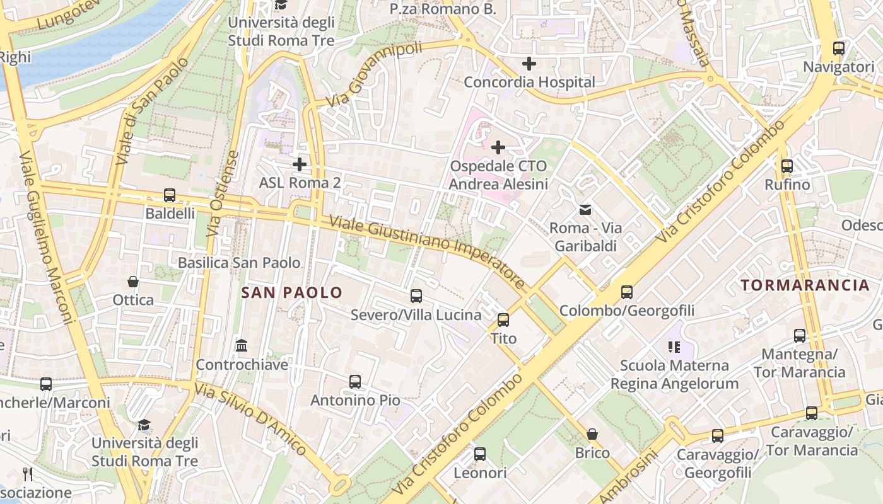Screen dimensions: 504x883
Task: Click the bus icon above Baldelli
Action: (x=169, y=195)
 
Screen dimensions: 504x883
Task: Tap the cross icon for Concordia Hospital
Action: (x=529, y=64)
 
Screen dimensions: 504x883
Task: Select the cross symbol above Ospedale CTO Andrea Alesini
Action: (x=498, y=147)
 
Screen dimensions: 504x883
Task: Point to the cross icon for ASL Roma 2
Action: (x=300, y=164)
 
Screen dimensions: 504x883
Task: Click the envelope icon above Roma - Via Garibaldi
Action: (x=586, y=209)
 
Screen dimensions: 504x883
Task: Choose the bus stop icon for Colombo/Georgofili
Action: (x=626, y=292)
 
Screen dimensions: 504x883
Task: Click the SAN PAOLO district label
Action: (x=291, y=292)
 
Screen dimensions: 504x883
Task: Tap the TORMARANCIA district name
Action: (x=805, y=285)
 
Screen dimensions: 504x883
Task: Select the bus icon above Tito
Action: (x=503, y=320)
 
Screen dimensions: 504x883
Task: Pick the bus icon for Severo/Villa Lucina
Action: (x=416, y=296)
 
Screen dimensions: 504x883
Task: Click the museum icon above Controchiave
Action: (x=242, y=346)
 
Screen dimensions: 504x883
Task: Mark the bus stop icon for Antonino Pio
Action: (x=355, y=382)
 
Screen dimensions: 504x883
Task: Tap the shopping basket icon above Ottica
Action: (x=133, y=281)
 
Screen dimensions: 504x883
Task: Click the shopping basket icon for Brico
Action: (x=592, y=434)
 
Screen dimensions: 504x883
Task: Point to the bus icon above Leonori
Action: (x=480, y=454)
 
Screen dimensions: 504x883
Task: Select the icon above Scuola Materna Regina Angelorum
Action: (x=674, y=346)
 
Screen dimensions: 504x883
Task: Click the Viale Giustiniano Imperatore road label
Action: (x=427, y=252)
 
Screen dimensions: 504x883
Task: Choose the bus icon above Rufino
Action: (x=787, y=166)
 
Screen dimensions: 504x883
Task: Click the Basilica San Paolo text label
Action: (x=239, y=263)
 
